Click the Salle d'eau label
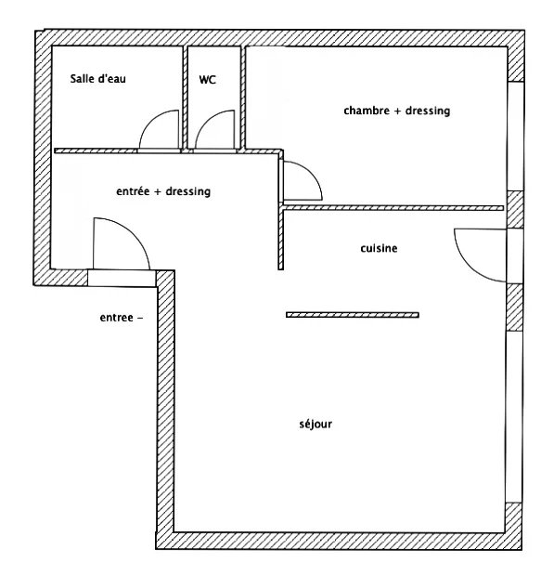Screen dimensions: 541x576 click(x=98, y=79)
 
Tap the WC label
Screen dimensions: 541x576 click(x=207, y=80)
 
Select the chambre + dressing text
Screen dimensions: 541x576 click(x=397, y=111)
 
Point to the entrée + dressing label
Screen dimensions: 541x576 click(x=163, y=191)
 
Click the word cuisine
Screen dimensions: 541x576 click(x=379, y=248)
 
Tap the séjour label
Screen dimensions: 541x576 click(x=316, y=424)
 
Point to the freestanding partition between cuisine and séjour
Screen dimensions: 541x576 click(x=353, y=315)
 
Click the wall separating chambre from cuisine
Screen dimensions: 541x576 click(x=393, y=208)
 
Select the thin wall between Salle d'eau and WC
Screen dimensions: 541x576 click(x=185, y=98)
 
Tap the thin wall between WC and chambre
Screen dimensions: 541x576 click(x=243, y=98)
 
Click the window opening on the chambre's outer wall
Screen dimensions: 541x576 click(x=515, y=136)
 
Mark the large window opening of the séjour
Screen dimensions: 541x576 click(x=514, y=416)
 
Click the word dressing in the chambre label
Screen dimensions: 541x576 click(x=428, y=111)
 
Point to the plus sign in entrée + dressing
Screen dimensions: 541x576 click(x=158, y=191)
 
